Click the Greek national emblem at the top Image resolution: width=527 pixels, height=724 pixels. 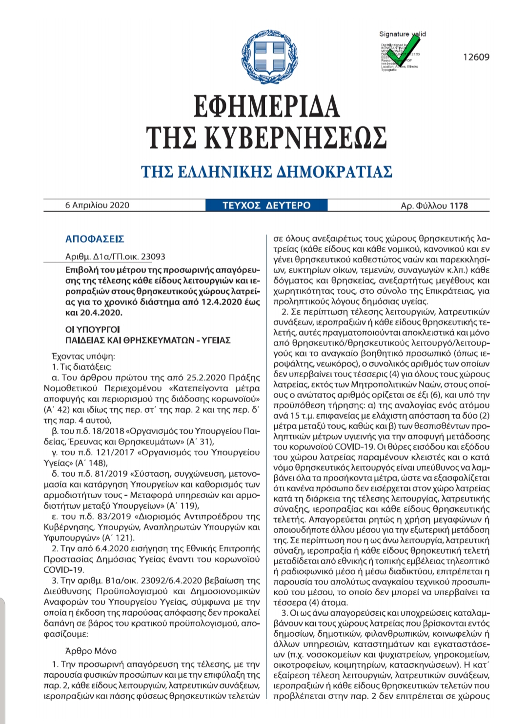click(270, 56)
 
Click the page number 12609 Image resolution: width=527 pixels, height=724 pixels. click(476, 57)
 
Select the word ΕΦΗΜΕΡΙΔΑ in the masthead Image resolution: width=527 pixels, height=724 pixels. click(266, 106)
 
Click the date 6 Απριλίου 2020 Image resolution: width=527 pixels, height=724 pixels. click(97, 205)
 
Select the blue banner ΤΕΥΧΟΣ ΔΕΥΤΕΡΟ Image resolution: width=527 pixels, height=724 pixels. click(266, 205)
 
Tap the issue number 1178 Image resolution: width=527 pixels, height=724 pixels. click(458, 206)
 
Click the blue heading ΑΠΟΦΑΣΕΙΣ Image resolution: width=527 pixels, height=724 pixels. click(95, 239)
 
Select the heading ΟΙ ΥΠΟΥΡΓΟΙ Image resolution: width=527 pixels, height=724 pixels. click(92, 330)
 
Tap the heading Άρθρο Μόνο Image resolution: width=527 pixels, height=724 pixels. click(91, 651)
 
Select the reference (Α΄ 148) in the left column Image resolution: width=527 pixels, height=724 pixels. click(91, 463)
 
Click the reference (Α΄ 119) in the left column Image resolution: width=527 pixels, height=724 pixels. click(183, 505)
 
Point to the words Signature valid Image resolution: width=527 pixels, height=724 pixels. click(402, 34)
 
